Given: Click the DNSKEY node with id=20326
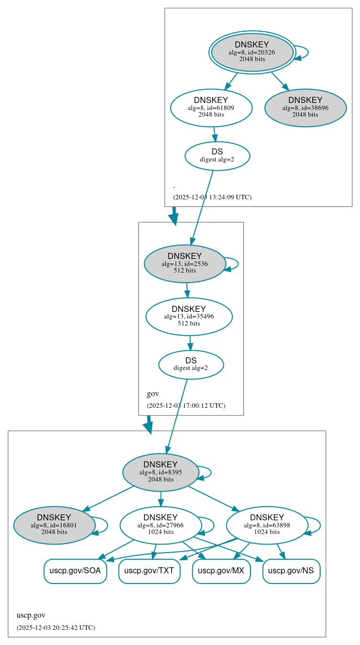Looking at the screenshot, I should pyautogui.click(x=252, y=52).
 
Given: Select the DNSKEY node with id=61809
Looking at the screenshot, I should pyautogui.click(x=211, y=107).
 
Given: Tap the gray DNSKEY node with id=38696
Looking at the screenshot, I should pyautogui.click(x=305, y=107).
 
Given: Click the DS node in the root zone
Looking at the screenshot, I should pyautogui.click(x=217, y=155).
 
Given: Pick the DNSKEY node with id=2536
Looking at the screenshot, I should pyautogui.click(x=184, y=263).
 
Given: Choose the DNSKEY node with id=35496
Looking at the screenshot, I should pyautogui.click(x=189, y=316).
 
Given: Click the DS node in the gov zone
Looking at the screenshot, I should pyautogui.click(x=191, y=364).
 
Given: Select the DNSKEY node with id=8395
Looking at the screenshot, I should pyautogui.click(x=161, y=472).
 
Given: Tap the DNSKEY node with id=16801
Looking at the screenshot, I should pyautogui.click(x=54, y=525).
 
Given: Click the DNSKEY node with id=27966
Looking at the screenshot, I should pyautogui.click(x=161, y=525).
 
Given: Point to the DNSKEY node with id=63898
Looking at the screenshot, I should pyautogui.click(x=267, y=525).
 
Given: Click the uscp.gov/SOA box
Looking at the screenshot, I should pyautogui.click(x=75, y=571).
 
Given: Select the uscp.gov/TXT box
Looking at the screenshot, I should pyautogui.click(x=149, y=571).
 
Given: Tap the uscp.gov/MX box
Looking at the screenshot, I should pyautogui.click(x=221, y=571).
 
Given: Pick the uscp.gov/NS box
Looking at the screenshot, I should pyautogui.click(x=291, y=571).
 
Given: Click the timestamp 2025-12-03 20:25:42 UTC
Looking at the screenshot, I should pyautogui.click(x=56, y=628).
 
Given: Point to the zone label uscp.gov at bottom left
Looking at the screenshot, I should pyautogui.click(x=31, y=615).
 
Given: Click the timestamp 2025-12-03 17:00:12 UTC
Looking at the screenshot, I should pyautogui.click(x=186, y=405).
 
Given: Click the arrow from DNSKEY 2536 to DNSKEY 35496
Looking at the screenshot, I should pyautogui.click(x=187, y=290).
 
